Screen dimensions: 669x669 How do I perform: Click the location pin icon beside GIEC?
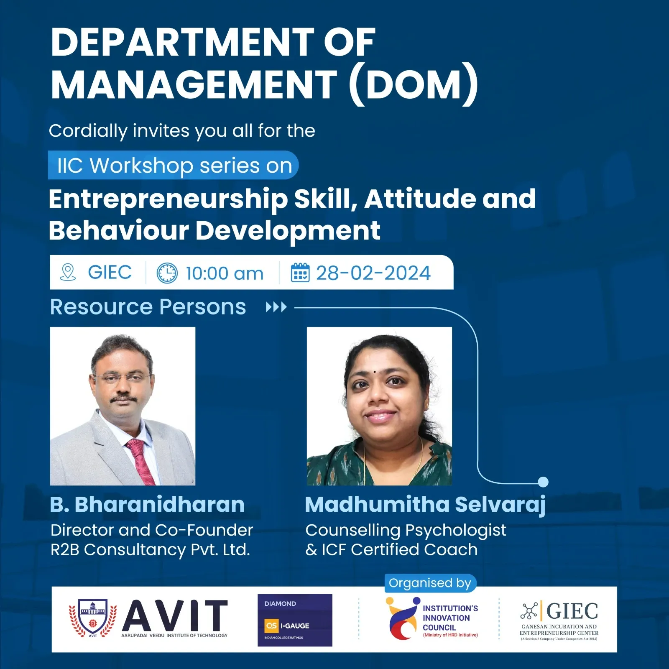68,272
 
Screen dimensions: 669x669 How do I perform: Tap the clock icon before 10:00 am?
167,273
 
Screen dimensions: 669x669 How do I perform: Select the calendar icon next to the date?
300,273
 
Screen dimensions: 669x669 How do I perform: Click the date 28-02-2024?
373,273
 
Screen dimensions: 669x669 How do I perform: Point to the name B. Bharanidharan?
147,504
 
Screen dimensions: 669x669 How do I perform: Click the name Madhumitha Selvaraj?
425,505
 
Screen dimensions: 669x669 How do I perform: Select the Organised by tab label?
430,583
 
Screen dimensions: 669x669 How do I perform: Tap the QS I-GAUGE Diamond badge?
295,620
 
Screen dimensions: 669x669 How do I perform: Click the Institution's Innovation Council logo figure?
403,618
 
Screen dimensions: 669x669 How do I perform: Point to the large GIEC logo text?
572,611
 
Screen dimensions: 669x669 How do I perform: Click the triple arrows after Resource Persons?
276,307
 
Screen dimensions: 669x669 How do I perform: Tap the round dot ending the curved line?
543,482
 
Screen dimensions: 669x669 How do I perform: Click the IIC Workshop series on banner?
174,165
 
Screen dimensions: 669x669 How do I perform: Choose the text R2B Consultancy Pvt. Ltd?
150,549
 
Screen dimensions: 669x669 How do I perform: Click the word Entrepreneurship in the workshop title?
168,199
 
